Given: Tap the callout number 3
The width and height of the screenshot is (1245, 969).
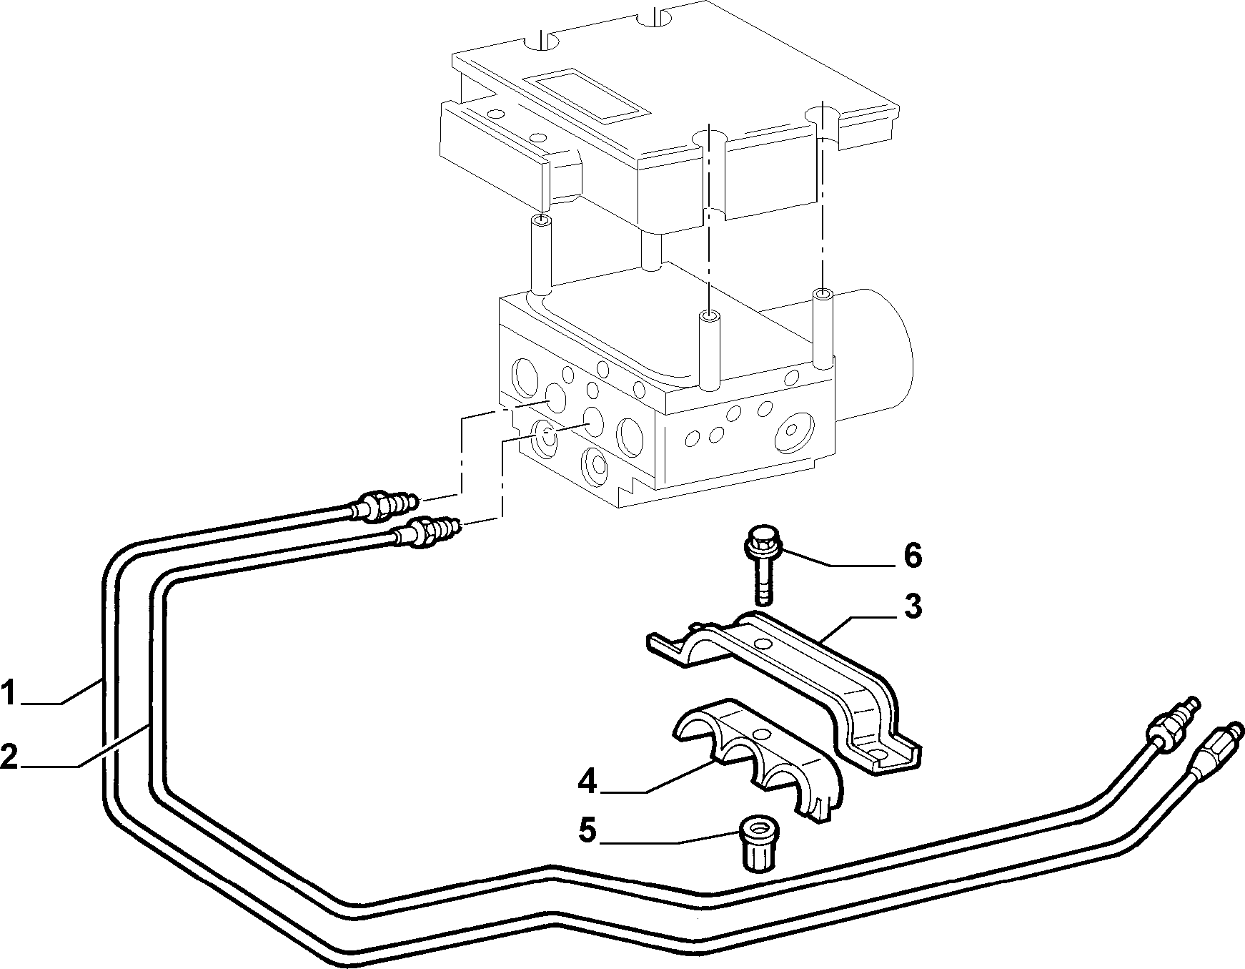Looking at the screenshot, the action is point(912,607).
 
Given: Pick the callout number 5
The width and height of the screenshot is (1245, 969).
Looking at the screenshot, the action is point(587,831).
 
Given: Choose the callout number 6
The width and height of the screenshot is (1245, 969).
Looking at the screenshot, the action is point(912,556).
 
